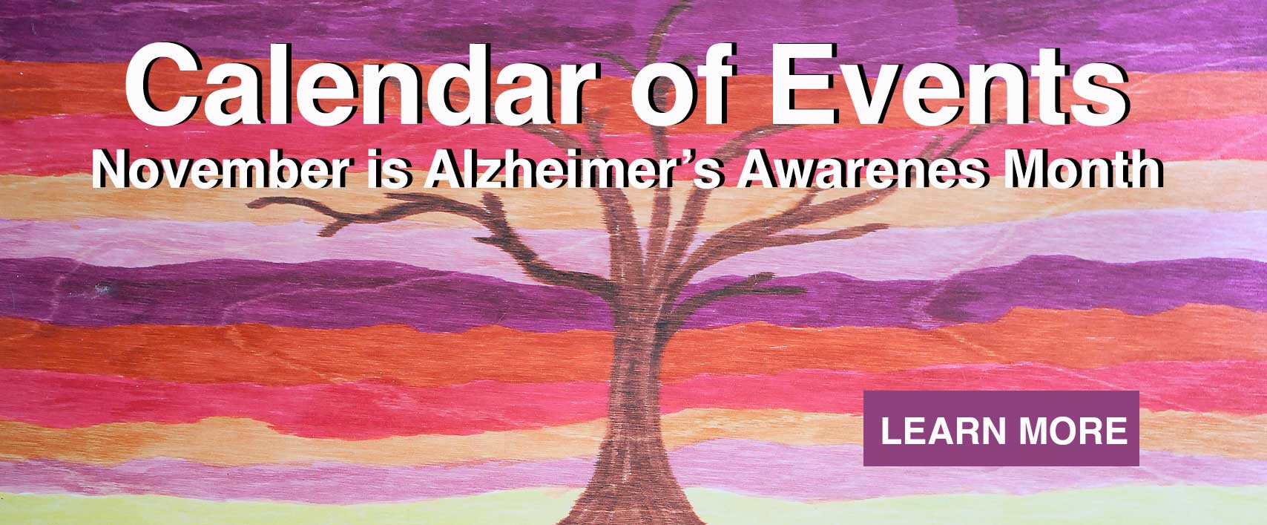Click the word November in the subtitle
pyautogui.click(x=220, y=169)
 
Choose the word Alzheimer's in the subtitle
pyautogui.click(x=573, y=169)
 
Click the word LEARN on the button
pyautogui.click(x=944, y=431)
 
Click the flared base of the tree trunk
pyautogui.click(x=633, y=498)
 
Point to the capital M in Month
pyautogui.click(x=1023, y=169)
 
